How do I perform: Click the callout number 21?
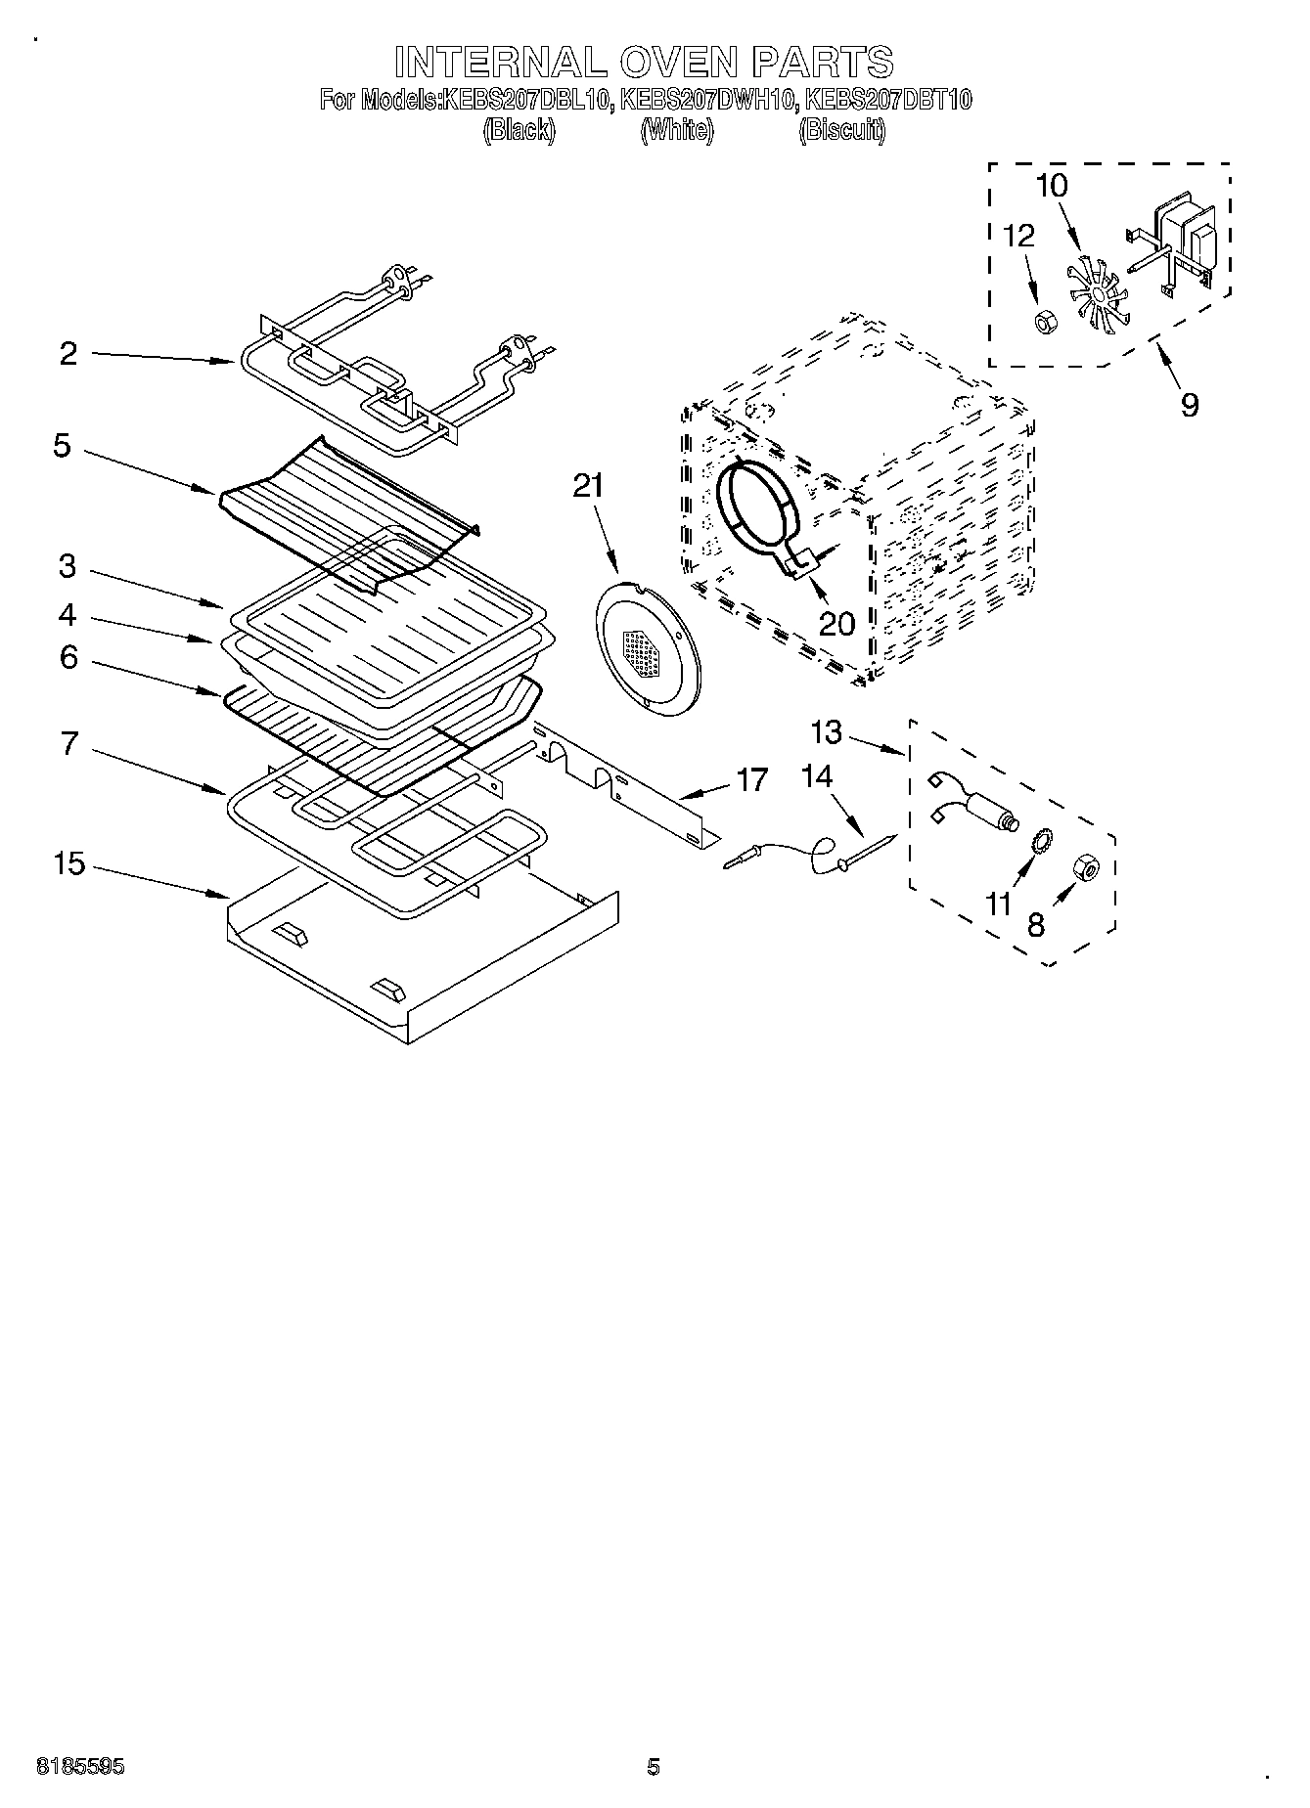tap(588, 486)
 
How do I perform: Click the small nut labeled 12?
tap(1043, 321)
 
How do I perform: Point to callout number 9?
tap(1189, 404)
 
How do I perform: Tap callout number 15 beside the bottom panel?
tap(69, 864)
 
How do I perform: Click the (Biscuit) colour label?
tap(841, 130)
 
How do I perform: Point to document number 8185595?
tap(80, 1767)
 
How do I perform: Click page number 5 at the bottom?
tap(654, 1767)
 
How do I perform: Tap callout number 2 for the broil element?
tap(68, 353)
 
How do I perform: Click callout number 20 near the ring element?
tap(836, 623)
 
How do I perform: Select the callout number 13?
tap(826, 731)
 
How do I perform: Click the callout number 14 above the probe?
tap(816, 777)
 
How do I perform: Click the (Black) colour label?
tap(519, 130)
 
